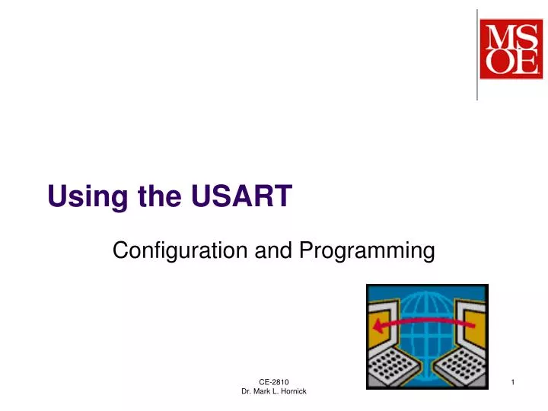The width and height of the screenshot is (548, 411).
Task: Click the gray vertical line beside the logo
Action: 477,54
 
